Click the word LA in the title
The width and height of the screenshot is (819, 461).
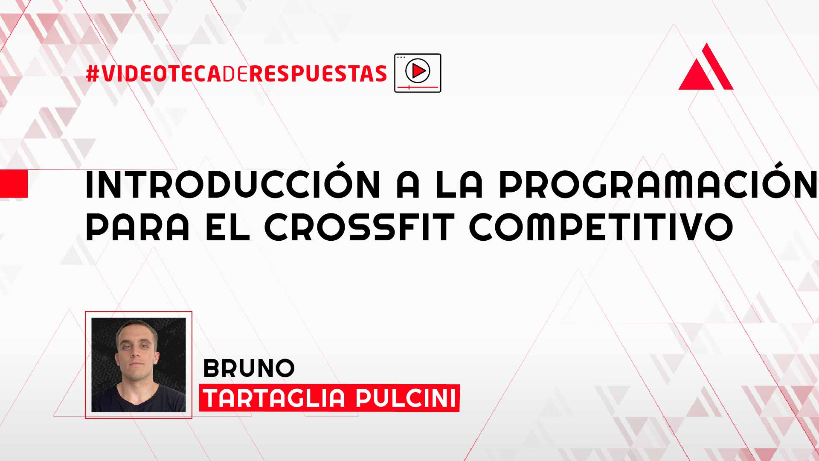tap(459, 184)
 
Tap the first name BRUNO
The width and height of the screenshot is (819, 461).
tap(249, 368)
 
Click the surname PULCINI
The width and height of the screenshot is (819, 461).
tap(406, 398)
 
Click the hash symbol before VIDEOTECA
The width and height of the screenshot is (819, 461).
tap(93, 73)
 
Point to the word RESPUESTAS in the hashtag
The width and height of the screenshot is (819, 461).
tap(318, 73)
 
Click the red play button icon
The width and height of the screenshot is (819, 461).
tap(418, 71)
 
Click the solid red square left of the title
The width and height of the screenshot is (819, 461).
tap(14, 184)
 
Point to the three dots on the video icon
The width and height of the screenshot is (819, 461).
tap(401, 57)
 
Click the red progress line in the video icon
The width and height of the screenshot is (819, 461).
tap(418, 87)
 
